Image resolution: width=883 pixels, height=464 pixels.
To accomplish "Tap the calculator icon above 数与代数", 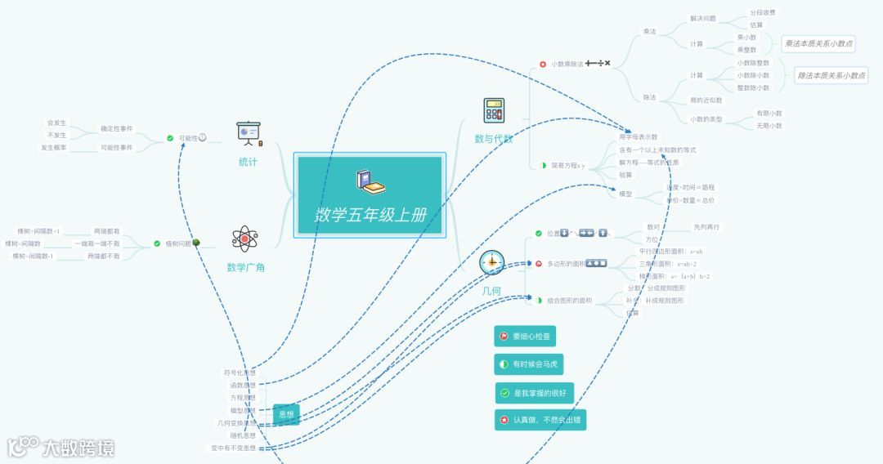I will tap(494, 110).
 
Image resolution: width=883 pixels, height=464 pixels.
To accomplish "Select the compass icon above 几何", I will tap(491, 263).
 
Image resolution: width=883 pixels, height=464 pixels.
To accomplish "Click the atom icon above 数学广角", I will tap(244, 239).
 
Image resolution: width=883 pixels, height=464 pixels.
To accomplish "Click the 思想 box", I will tap(286, 415).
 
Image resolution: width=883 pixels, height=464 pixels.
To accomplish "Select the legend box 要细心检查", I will tap(525, 336).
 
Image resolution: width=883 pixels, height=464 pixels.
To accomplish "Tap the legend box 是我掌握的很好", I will tap(535, 393).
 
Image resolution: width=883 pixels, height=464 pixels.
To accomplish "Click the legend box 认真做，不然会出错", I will tap(540, 421).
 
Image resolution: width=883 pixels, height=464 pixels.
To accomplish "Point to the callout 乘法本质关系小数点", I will tap(814, 43).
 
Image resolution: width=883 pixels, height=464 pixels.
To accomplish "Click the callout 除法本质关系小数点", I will tap(831, 75).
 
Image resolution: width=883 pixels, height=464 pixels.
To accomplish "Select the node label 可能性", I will tap(188, 138).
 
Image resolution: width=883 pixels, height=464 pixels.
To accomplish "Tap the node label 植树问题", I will tap(177, 243).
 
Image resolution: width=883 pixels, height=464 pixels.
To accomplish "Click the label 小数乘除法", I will tap(567, 64).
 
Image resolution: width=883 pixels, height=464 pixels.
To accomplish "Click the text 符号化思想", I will tap(240, 373).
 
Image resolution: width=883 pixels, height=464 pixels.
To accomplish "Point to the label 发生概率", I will tap(54, 148).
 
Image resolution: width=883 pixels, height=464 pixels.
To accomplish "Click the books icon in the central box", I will tap(370, 182).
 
